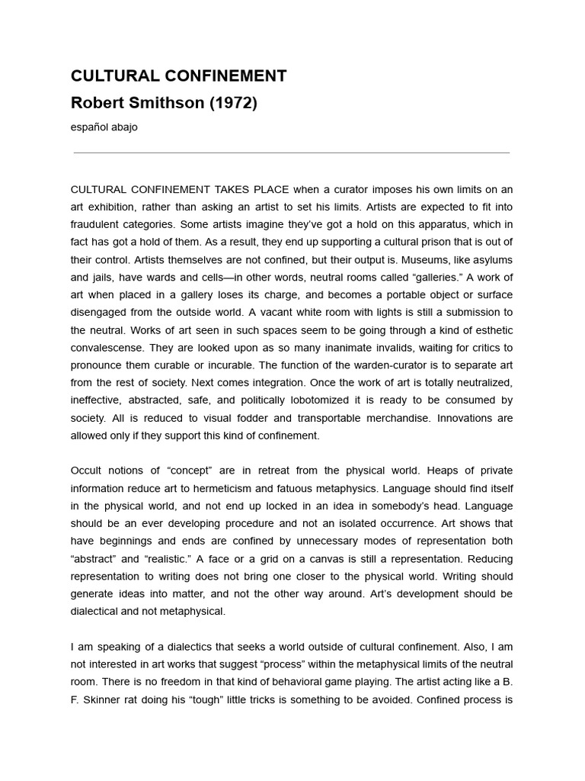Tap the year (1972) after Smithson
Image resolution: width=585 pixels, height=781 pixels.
click(233, 103)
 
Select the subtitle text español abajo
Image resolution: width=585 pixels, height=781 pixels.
click(104, 127)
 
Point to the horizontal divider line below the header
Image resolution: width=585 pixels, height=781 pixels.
click(291, 153)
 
